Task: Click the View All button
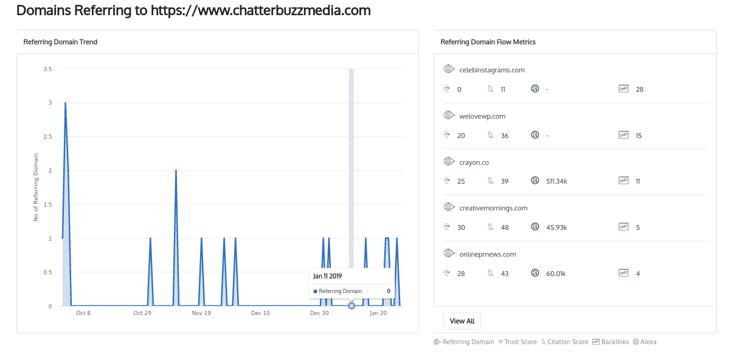462,320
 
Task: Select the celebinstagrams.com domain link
492,70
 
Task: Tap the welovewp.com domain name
482,116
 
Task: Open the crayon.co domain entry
474,162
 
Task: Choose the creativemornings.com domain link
493,208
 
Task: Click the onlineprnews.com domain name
488,254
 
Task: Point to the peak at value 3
65,103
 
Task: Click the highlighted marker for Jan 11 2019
351,306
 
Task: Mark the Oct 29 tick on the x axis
142,313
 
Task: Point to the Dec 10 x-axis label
260,313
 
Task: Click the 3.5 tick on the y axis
47,69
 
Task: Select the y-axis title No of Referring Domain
36,187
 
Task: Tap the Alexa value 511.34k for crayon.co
556,181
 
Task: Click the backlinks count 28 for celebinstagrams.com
639,89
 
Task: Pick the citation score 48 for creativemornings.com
505,227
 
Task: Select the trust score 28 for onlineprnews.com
461,274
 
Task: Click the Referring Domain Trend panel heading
60,42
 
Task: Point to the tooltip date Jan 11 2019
328,276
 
